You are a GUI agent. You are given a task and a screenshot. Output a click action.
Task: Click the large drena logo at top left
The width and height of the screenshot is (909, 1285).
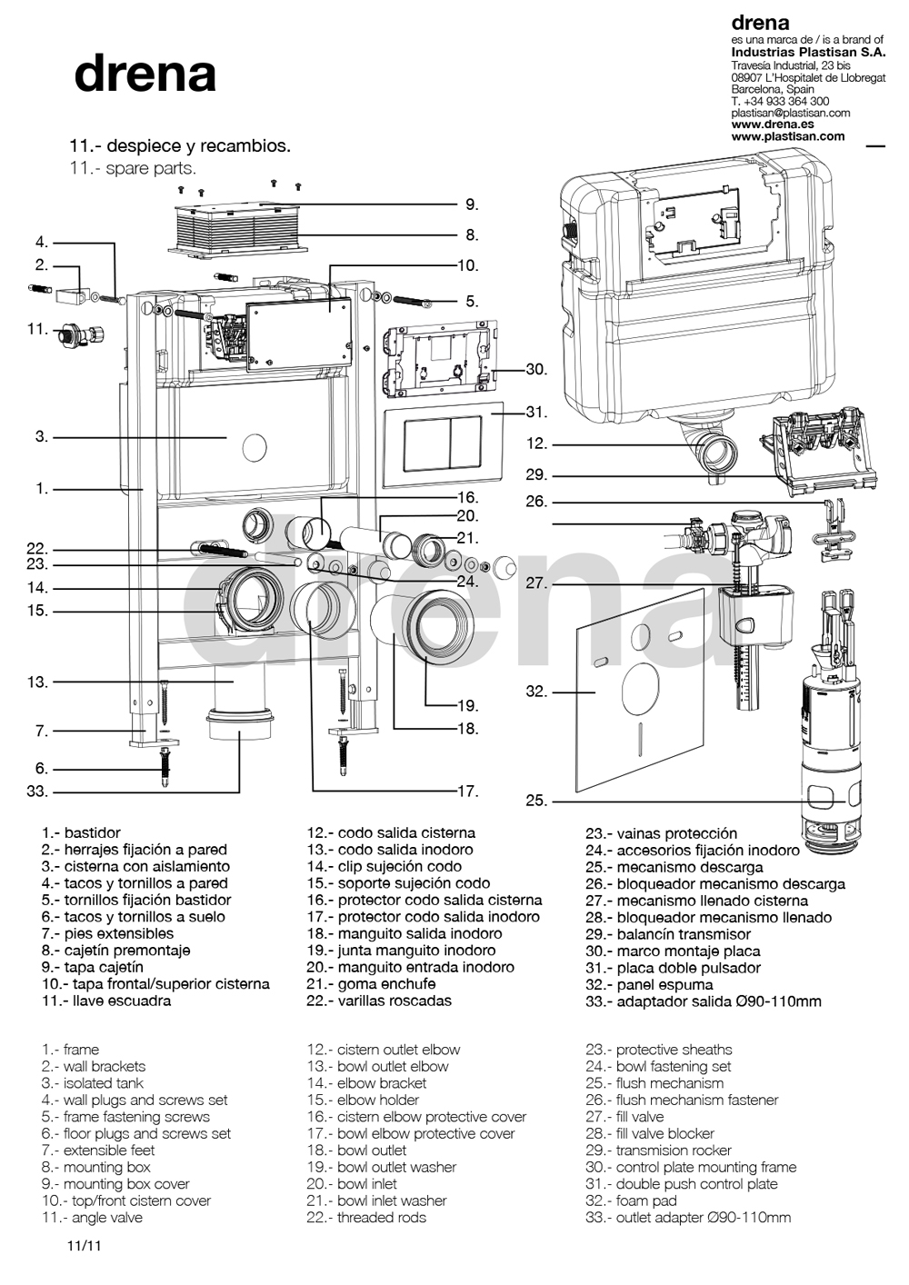coord(145,75)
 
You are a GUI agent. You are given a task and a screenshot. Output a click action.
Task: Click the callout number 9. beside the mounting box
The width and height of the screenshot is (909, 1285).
coord(471,204)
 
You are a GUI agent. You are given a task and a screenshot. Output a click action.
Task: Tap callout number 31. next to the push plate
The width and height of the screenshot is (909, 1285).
coord(536,412)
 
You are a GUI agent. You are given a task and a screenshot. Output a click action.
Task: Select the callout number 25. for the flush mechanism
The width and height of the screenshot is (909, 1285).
coord(536,801)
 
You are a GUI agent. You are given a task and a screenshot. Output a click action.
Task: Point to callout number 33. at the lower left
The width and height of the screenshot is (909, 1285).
coord(37,791)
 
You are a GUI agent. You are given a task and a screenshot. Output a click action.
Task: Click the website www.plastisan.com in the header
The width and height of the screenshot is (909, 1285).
coord(787,136)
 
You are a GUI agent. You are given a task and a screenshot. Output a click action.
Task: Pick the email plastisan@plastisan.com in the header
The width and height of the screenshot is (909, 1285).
coord(790,114)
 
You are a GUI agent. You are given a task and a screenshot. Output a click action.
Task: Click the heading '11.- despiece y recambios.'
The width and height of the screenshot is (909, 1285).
coord(180,146)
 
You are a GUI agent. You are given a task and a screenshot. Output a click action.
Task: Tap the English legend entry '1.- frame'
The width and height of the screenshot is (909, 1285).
coord(70,1050)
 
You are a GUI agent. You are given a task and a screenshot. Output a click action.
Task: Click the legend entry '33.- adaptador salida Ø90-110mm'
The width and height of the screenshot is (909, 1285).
coord(703,1001)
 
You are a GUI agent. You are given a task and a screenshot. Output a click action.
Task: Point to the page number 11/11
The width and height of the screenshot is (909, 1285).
coord(83,1247)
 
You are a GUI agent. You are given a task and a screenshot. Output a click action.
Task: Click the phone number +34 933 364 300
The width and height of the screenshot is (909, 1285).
coord(780,102)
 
